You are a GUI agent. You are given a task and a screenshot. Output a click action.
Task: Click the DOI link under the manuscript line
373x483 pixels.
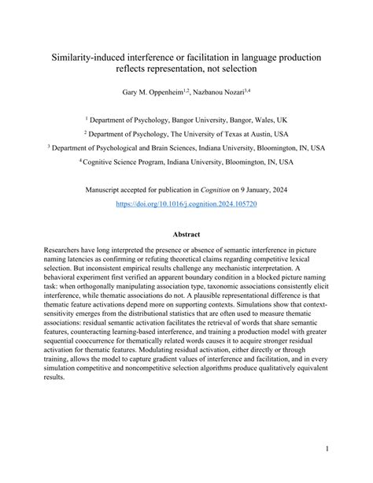tap(186, 202)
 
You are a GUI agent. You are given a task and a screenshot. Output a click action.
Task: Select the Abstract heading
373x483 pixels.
tap(186, 234)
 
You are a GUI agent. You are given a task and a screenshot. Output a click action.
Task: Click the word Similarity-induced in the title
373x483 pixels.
tap(86, 58)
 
